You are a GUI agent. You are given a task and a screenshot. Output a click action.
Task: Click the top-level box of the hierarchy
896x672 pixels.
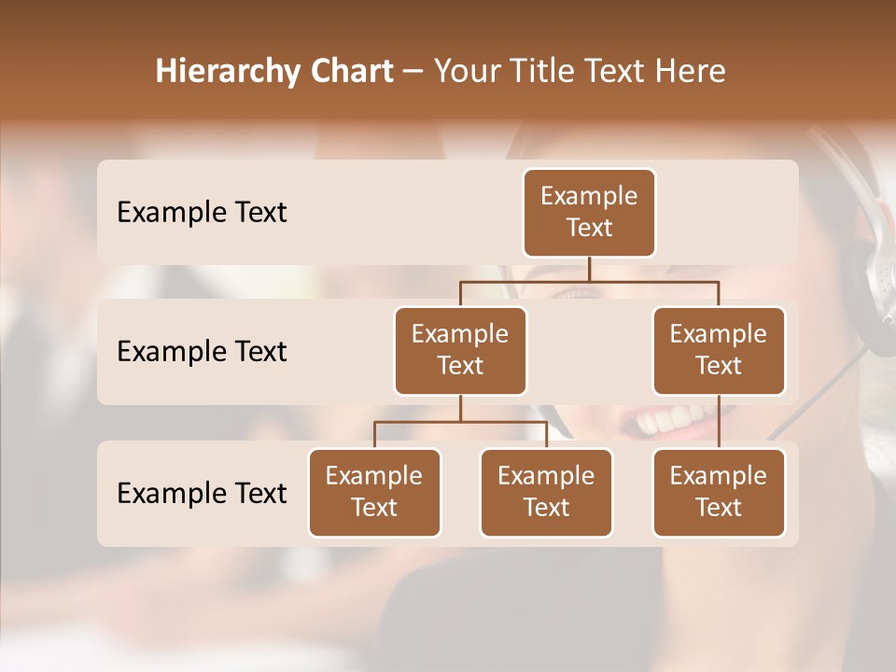coord(589,212)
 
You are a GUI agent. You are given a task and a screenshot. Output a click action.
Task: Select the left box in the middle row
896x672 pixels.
coord(460,350)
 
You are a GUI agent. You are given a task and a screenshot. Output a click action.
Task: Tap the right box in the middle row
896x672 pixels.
coord(719,350)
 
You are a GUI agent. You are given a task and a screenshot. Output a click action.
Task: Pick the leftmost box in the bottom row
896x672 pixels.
coord(374,492)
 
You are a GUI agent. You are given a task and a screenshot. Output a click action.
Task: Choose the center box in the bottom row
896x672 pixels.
coord(546,492)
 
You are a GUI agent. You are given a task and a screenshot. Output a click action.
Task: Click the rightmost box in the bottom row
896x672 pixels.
coord(719,492)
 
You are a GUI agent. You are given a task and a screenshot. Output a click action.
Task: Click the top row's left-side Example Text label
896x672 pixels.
coord(202,212)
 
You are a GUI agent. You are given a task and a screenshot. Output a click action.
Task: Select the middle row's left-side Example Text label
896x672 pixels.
coord(202,351)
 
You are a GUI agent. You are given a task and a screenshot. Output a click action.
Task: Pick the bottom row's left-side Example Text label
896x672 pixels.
coord(202,493)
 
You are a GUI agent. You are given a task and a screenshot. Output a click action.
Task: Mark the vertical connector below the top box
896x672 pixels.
coord(589,269)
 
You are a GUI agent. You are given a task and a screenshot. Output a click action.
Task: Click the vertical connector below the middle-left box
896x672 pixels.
coord(460,408)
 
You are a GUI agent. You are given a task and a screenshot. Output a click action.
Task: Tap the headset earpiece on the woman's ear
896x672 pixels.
coord(872,280)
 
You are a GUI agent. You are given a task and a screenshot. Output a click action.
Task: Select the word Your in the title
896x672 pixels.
coord(466,72)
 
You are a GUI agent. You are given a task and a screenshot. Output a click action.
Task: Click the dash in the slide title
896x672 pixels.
coord(413,72)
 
